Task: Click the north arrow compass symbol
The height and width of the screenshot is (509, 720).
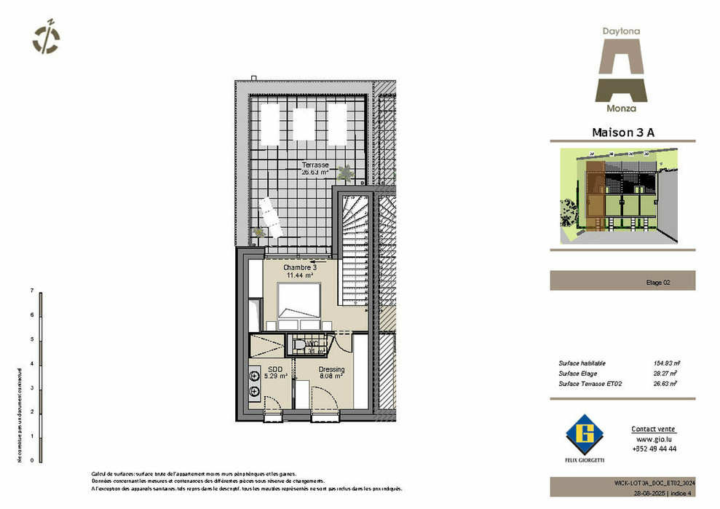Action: coord(47,38)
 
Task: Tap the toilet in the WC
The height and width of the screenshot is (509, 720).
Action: coord(298,344)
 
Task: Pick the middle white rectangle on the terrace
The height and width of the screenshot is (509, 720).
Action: coord(304,124)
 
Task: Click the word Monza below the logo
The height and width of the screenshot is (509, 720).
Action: coord(621,108)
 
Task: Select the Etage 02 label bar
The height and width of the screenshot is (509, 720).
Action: coord(622,281)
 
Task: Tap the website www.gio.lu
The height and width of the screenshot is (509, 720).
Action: coord(653,440)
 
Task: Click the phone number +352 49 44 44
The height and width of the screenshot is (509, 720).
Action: coord(654,449)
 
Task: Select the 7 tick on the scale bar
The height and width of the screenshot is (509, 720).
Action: coord(33,291)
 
